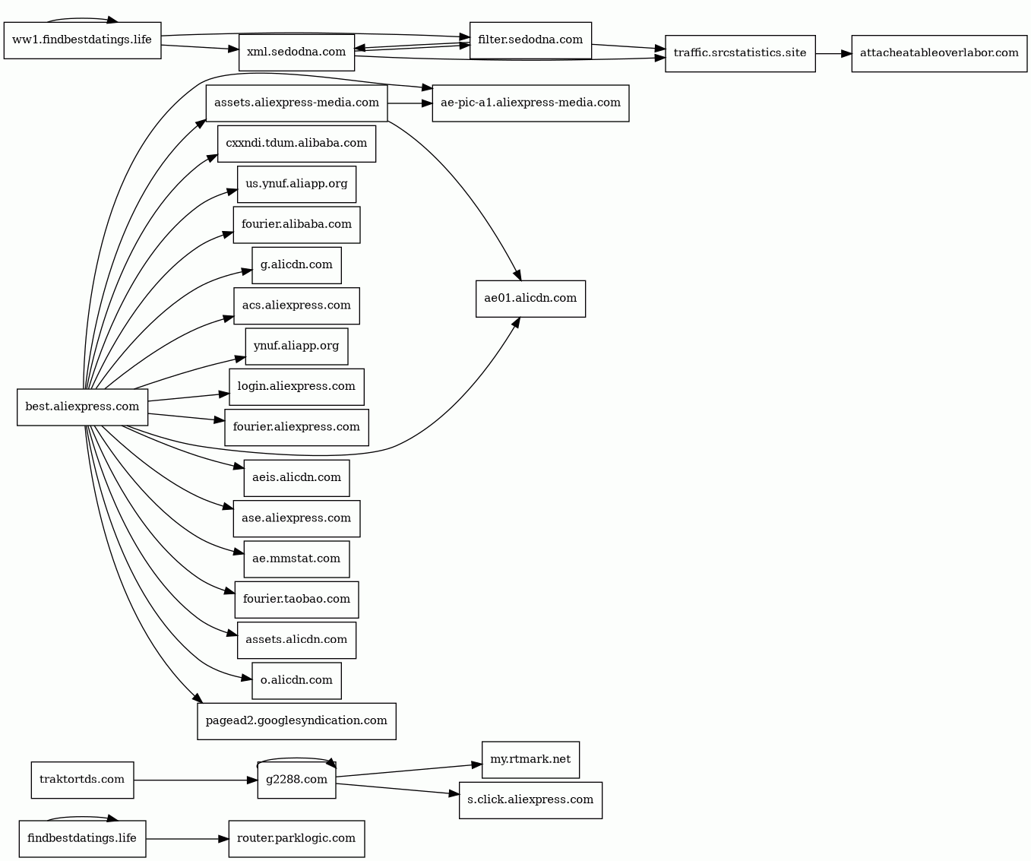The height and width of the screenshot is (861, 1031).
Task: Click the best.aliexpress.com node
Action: tap(82, 407)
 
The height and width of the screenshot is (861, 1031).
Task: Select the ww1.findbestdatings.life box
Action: tap(82, 40)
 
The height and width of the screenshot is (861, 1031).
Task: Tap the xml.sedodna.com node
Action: tap(296, 52)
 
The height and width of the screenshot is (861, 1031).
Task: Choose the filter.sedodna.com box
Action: tap(530, 40)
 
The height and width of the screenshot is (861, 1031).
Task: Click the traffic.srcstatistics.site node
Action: tap(740, 53)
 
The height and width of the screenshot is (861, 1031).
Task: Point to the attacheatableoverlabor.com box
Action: tap(939, 53)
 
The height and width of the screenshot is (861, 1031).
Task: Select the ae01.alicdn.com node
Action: tap(530, 298)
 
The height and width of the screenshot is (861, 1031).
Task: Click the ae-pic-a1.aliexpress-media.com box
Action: tap(530, 103)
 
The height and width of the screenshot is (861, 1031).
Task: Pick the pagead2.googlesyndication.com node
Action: tap(296, 720)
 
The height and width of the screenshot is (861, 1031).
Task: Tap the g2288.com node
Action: tap(296, 780)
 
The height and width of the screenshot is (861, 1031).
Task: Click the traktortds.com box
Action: tap(82, 780)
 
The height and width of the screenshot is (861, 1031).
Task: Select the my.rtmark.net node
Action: tap(530, 759)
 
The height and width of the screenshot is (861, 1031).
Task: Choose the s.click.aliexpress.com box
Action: tap(530, 799)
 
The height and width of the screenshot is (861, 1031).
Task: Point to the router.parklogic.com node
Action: tap(296, 838)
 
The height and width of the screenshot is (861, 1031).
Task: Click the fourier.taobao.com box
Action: tap(296, 599)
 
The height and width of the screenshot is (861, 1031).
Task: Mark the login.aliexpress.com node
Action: tap(296, 386)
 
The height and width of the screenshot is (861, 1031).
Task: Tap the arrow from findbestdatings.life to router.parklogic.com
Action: tap(187, 839)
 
